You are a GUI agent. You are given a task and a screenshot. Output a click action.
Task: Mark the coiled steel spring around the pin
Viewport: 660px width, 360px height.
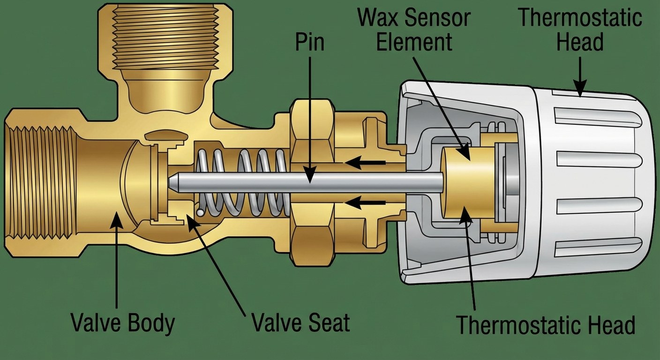(244, 183)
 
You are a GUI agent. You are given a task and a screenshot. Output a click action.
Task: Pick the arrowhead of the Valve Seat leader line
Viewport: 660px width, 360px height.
(190, 218)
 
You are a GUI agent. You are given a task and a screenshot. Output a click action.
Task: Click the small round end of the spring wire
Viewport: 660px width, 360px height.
(200, 212)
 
